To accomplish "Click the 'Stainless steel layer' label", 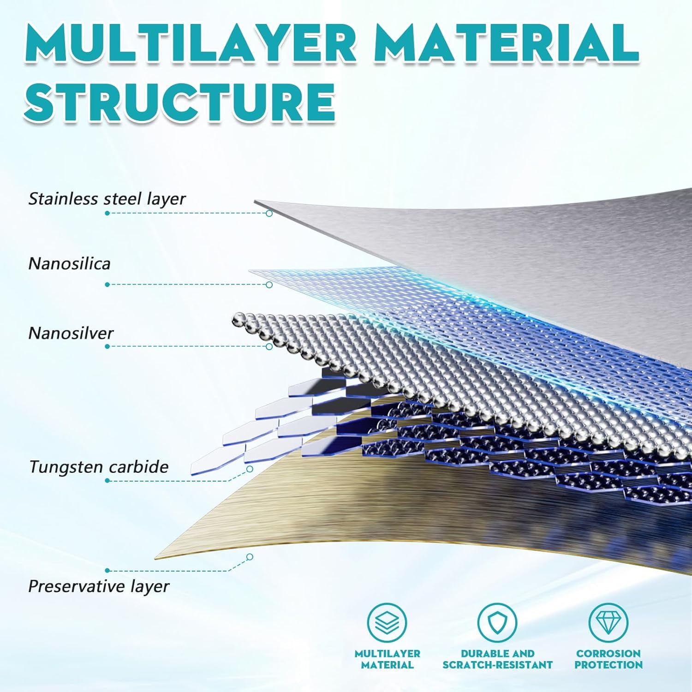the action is [107, 199].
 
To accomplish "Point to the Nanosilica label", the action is [69, 264].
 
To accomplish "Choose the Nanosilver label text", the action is [71, 333].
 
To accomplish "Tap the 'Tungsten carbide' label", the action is [99, 467].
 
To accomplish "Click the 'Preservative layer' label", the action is [99, 586].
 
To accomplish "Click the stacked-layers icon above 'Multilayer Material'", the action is [387, 622].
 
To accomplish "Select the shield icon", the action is [497, 622].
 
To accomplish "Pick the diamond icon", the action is [608, 622].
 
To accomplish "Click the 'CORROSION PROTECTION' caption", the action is [608, 659].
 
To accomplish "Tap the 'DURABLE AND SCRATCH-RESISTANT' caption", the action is [497, 659].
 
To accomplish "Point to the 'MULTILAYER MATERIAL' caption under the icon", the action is [388, 659].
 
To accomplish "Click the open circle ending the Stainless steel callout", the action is [269, 213].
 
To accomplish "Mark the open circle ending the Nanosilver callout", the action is [269, 346].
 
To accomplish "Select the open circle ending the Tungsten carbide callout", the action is [250, 469].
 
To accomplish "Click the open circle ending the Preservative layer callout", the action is [250, 557].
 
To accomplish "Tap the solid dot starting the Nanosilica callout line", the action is [107, 285].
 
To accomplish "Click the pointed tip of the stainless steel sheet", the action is [255, 201].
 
